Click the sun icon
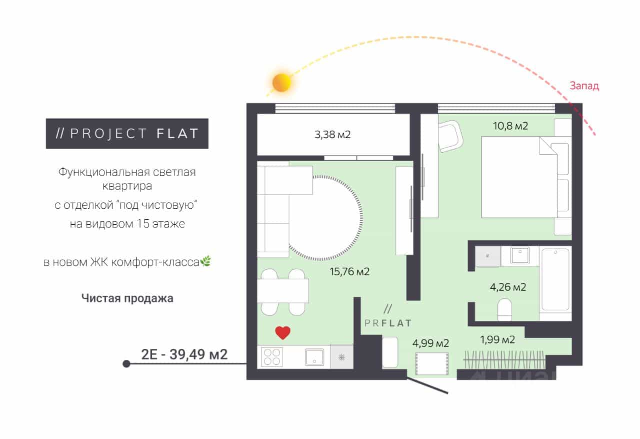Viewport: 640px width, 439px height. coord(281,83)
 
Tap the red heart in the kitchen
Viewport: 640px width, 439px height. coord(283,332)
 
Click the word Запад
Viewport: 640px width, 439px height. coord(584,86)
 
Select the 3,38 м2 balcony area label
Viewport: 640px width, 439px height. coord(332,135)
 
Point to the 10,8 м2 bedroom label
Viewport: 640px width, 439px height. coord(510,126)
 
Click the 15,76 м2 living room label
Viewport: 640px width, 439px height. coord(349,271)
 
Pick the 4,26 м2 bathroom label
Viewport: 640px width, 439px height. coord(508,287)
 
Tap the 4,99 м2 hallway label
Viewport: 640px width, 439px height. coord(430,343)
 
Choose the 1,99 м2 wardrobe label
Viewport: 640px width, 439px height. coord(497,340)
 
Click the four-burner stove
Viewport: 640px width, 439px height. coord(272,357)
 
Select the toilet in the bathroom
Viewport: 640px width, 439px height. coord(505,309)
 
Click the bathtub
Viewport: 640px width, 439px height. coord(555,279)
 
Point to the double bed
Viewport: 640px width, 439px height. coord(526,177)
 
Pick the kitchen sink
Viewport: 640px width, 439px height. coord(314,357)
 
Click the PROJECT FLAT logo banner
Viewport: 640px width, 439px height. coord(127,134)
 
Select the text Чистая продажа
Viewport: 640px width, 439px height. coord(127,298)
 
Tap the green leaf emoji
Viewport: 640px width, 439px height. coord(205,261)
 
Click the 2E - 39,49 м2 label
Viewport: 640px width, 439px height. coord(184,354)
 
